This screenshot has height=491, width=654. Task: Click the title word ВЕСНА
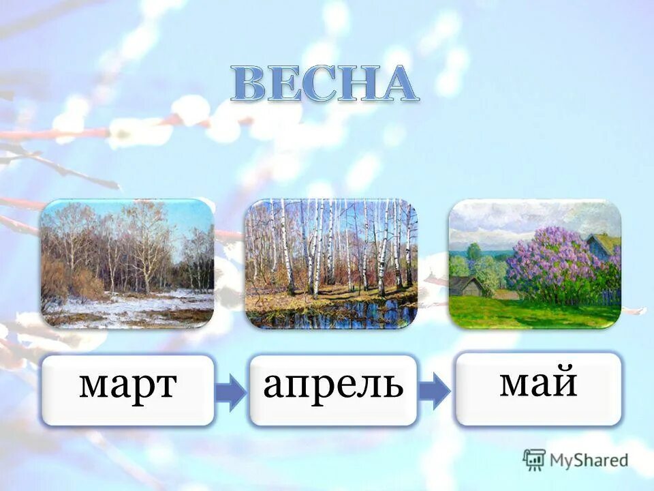323,85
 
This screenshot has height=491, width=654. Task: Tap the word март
128,387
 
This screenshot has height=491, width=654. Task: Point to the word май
538,383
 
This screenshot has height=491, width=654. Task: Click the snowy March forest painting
127,263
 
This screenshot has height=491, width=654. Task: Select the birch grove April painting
331,263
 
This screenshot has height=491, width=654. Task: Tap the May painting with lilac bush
535,263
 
